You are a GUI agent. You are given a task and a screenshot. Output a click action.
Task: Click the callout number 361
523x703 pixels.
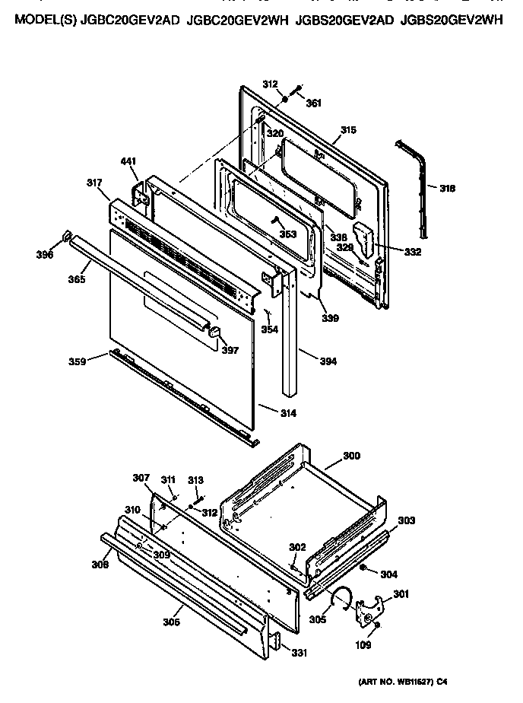coord(314,103)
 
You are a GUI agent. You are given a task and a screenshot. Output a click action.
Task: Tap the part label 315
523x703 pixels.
coord(347,130)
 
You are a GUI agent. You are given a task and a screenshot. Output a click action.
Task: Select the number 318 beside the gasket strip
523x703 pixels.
coord(447,188)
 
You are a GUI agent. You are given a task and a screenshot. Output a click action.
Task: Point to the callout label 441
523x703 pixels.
coord(128,161)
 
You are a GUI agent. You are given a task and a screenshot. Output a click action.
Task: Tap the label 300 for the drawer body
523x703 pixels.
coord(351,456)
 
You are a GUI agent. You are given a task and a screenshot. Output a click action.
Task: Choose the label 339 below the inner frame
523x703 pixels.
coord(330,317)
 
